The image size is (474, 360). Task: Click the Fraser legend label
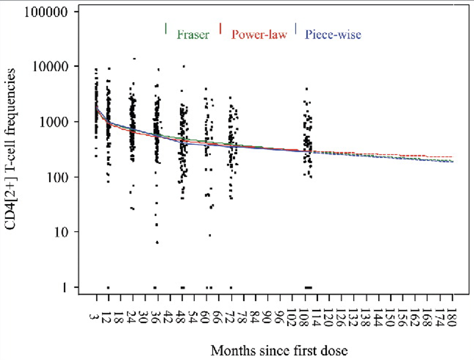coord(193,35)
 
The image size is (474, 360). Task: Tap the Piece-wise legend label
coord(333,35)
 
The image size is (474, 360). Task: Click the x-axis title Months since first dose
coord(279,351)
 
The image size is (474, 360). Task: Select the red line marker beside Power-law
coord(221,28)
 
